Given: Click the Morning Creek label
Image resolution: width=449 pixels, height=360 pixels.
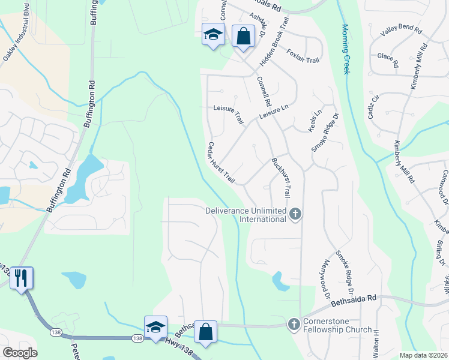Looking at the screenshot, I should click(x=345, y=49).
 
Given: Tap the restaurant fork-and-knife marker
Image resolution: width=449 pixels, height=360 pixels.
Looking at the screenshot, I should click(x=21, y=277).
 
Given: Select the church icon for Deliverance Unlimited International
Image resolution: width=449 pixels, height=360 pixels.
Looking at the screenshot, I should click(x=295, y=214).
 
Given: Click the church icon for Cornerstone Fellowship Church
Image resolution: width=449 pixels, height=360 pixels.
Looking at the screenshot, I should click(x=294, y=324).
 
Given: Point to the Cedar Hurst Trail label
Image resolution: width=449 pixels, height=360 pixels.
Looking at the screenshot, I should click(x=220, y=163).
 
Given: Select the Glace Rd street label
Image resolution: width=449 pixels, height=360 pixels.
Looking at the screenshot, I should click(x=388, y=59).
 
